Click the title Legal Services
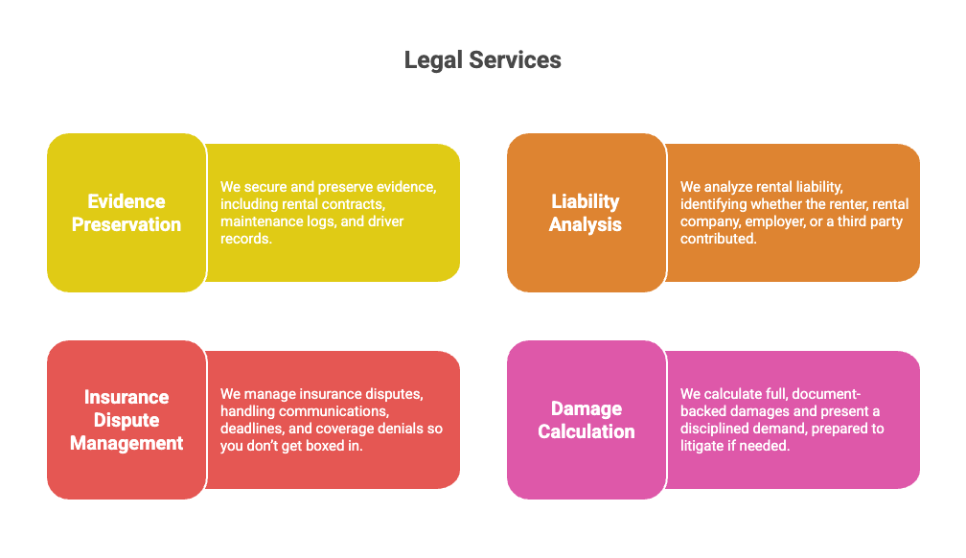(x=482, y=60)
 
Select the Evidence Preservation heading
(x=126, y=213)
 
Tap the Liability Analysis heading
(x=586, y=213)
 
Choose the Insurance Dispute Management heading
(x=126, y=420)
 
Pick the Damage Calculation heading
(x=586, y=420)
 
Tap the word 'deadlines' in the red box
(x=251, y=429)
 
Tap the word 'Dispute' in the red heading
(x=126, y=420)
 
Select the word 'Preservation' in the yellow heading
(x=126, y=224)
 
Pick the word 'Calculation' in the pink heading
(x=586, y=431)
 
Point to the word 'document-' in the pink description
(x=825, y=394)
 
